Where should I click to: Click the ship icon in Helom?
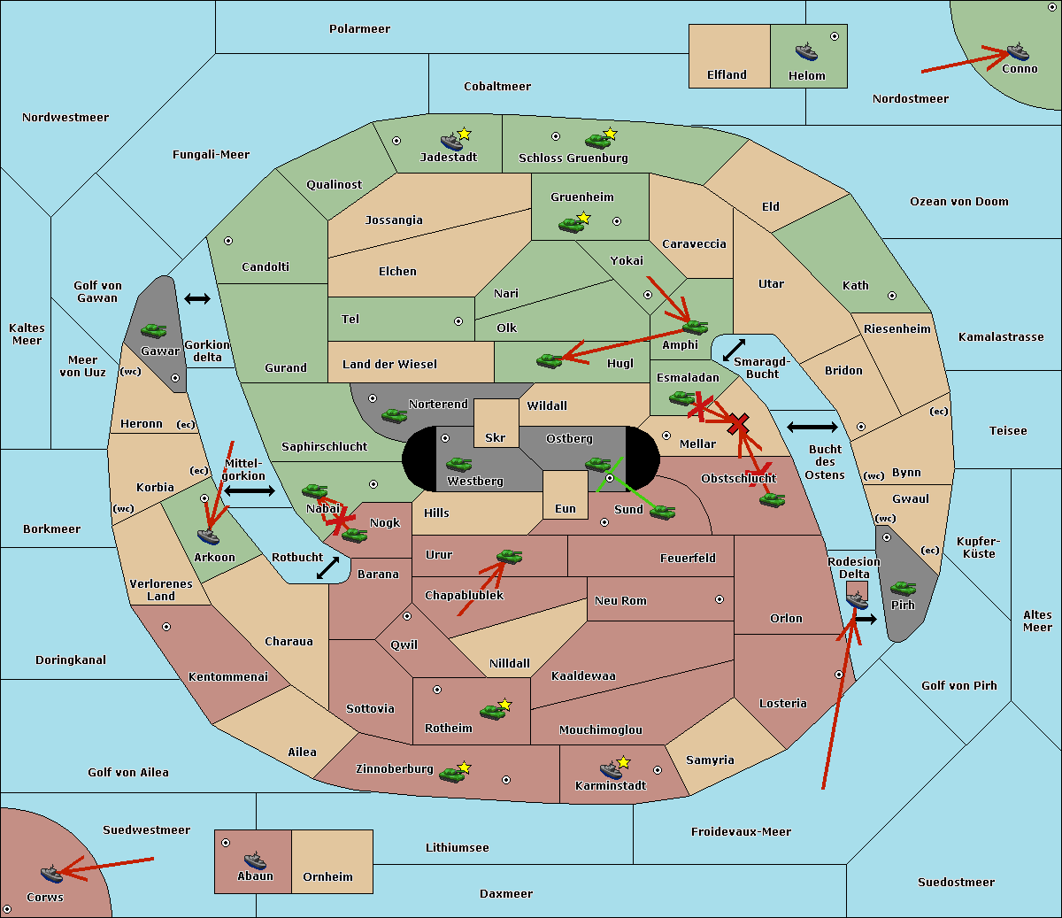806,51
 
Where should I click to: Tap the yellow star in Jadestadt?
464,135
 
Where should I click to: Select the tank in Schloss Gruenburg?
597,140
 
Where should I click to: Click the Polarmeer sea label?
359,29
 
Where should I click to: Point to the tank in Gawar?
154,330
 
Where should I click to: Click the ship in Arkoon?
208,536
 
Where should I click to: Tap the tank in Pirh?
903,588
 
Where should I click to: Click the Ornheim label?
327,876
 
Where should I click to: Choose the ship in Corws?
51,874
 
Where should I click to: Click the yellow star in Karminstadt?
623,762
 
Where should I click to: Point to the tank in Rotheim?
492,712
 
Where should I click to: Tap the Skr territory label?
496,437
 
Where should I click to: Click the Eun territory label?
566,508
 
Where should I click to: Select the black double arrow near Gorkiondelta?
197,298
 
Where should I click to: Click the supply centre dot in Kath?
892,296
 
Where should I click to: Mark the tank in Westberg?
458,464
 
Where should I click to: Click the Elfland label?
727,75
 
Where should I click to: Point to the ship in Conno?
1018,52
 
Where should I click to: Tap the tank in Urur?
509,556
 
